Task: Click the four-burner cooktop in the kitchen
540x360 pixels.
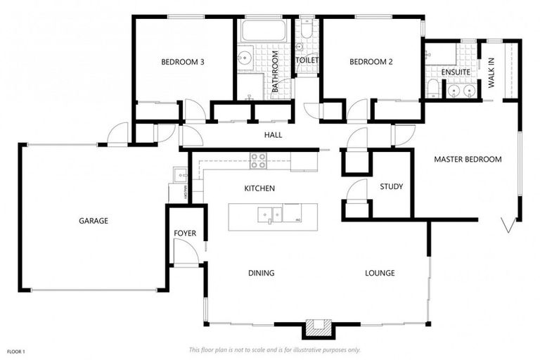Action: (259, 161)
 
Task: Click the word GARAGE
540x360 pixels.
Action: (93, 221)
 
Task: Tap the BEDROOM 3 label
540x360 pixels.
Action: (183, 62)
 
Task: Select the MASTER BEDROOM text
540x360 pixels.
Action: (468, 160)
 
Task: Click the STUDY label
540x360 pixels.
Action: (391, 187)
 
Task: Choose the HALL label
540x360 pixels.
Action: (273, 135)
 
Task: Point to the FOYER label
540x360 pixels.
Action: (185, 233)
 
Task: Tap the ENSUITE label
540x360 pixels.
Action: (456, 72)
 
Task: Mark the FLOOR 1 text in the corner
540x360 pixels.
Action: (15, 351)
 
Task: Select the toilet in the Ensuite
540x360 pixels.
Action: (433, 88)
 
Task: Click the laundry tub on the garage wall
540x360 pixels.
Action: (178, 173)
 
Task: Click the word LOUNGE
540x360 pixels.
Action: (380, 273)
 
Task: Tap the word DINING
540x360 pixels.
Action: (261, 273)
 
